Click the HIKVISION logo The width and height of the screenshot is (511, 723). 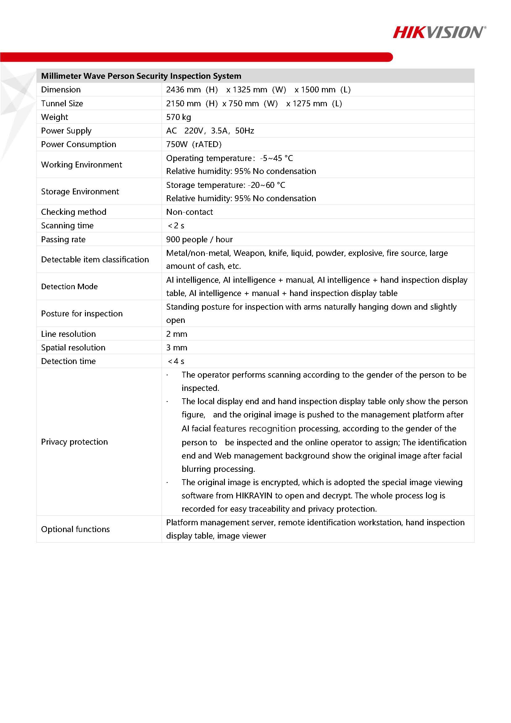(x=439, y=32)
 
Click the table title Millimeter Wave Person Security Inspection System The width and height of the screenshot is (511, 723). (x=141, y=76)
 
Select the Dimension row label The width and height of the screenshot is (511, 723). (x=61, y=90)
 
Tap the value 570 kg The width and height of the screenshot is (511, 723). (x=179, y=117)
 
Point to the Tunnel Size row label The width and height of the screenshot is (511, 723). (x=62, y=104)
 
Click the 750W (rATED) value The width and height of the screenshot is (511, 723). (x=194, y=144)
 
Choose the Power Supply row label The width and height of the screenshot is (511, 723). (x=66, y=131)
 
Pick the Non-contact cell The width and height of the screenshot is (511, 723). (x=189, y=212)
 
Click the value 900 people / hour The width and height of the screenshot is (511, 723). (x=199, y=239)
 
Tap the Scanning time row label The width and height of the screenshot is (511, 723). (x=67, y=226)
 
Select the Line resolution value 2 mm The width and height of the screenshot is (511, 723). (x=177, y=334)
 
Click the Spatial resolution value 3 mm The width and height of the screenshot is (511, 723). (x=177, y=348)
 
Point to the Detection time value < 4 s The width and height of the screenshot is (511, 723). (x=176, y=361)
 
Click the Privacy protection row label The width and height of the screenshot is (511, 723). (x=74, y=442)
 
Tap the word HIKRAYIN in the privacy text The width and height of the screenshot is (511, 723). (x=254, y=496)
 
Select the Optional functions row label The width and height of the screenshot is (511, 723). (x=75, y=529)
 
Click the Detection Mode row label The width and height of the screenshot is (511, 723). (x=69, y=286)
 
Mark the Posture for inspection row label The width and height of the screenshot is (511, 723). (x=82, y=314)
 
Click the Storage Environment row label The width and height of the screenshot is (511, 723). (x=80, y=192)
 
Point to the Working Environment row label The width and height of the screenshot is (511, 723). (x=82, y=165)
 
